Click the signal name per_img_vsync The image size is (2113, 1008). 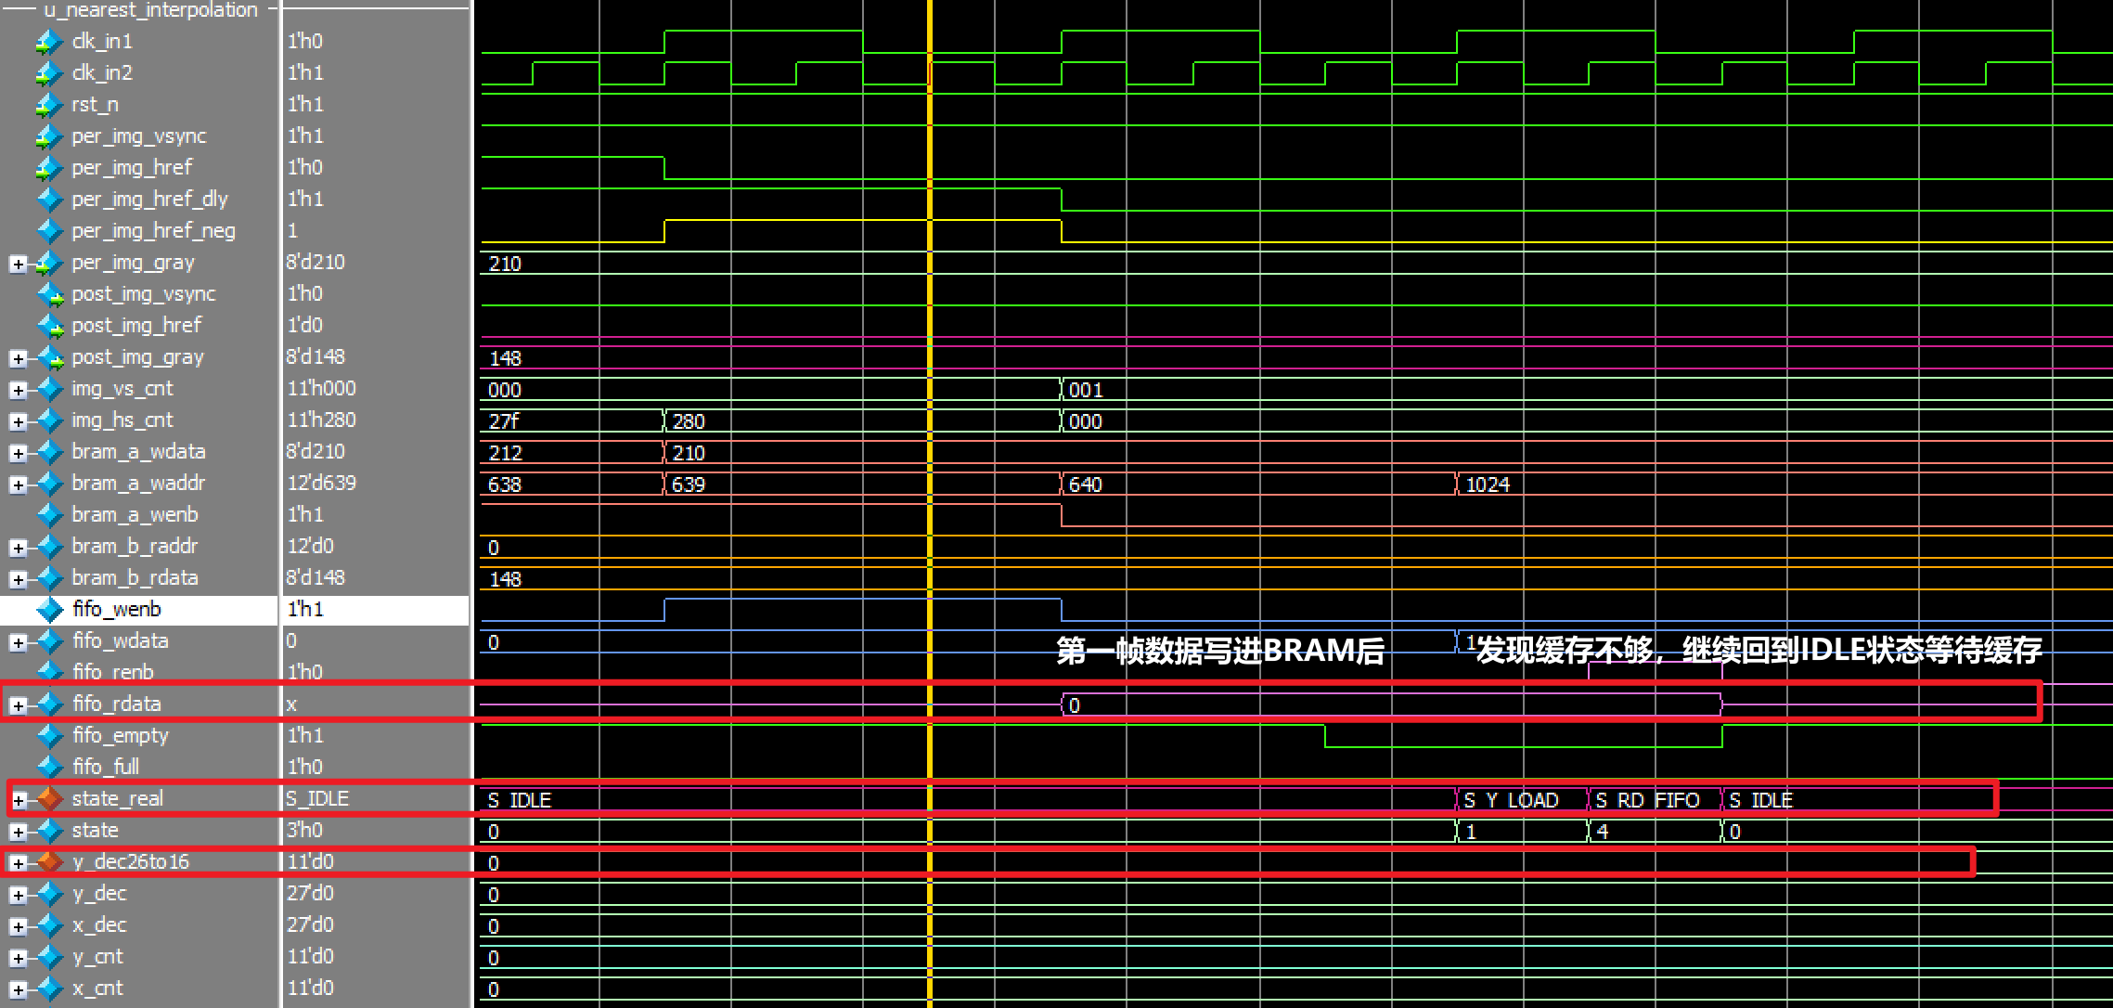click(x=139, y=136)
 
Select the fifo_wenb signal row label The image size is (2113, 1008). click(x=117, y=610)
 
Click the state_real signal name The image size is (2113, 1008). click(x=117, y=799)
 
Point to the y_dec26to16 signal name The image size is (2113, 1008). click(x=130, y=862)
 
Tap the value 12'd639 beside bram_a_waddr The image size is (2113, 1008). click(x=321, y=484)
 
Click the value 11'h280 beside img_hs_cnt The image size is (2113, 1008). click(x=321, y=420)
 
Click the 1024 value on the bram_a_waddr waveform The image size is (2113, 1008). click(x=1488, y=485)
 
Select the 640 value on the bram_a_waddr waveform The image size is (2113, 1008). click(x=1085, y=485)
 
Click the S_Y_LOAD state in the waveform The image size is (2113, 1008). click(x=1511, y=800)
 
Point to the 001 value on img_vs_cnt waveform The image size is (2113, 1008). click(x=1085, y=390)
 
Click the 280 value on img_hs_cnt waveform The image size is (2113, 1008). click(x=689, y=421)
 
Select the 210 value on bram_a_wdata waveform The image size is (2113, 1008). click(x=689, y=453)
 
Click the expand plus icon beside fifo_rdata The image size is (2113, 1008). click(x=18, y=705)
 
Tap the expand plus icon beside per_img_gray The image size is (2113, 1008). click(x=18, y=264)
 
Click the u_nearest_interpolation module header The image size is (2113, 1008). click(x=150, y=10)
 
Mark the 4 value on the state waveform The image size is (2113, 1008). click(x=1603, y=832)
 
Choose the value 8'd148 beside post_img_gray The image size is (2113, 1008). click(x=316, y=357)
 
